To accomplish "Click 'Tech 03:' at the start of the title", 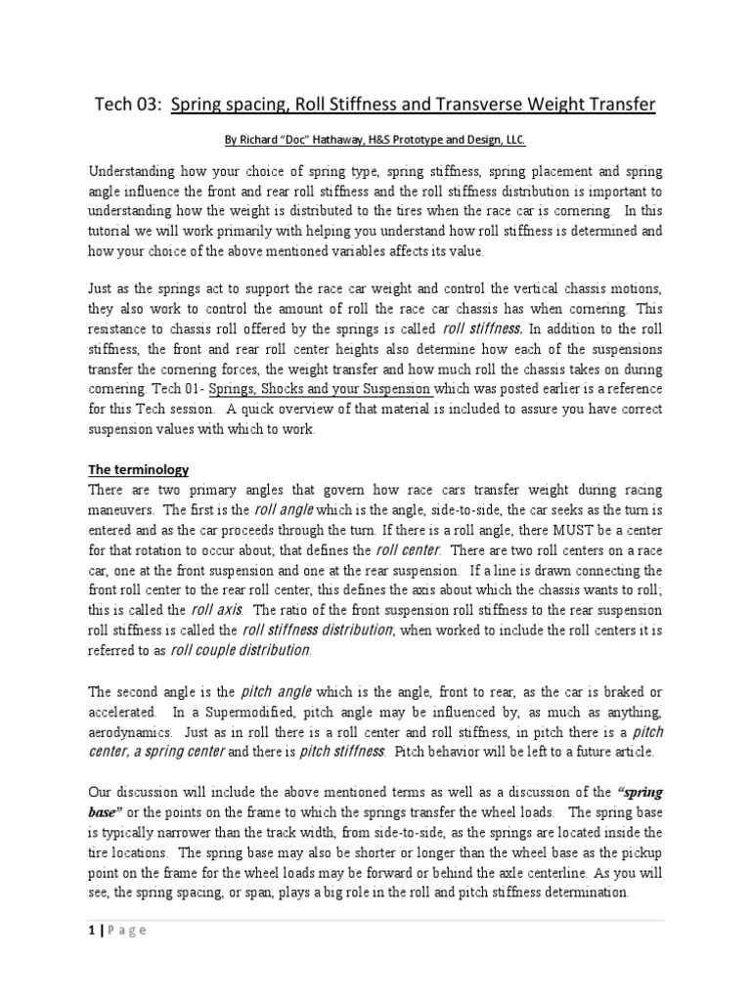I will point(126,105).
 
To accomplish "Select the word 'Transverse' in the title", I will point(451,105).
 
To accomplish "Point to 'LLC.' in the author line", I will point(513,141).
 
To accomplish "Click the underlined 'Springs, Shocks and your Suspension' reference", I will point(320,388).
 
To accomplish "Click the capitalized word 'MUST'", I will point(562,530).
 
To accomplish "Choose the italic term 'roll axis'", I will point(216,608).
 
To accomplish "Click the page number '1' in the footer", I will point(90,930).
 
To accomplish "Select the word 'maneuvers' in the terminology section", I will point(121,510).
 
